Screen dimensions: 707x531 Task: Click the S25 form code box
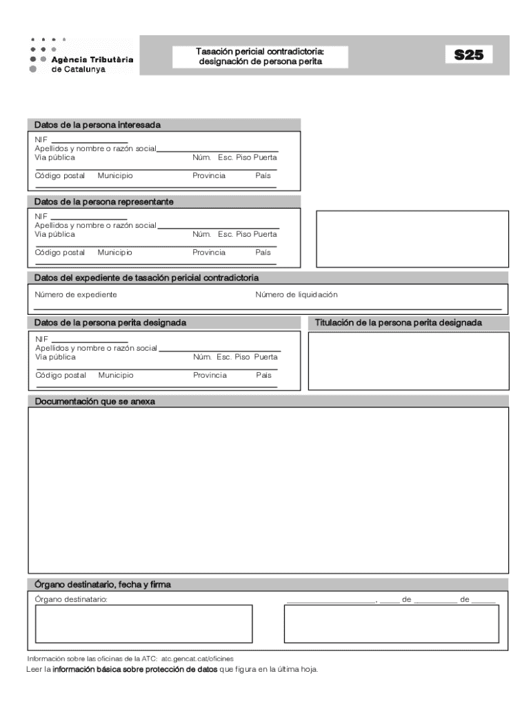coord(468,55)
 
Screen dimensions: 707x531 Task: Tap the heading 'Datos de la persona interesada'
coord(97,125)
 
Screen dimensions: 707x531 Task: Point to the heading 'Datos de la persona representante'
coord(104,202)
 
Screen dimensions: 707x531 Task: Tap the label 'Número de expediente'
coord(76,295)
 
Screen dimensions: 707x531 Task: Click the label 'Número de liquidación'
coord(297,295)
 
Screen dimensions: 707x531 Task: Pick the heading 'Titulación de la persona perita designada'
coord(399,322)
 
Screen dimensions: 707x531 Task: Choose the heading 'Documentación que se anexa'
coord(95,401)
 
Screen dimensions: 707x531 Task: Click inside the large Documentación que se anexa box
coord(268,490)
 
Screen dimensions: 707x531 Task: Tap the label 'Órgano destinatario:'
coord(71,599)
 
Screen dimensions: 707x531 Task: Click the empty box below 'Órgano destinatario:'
coord(143,623)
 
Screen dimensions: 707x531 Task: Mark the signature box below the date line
coord(391,624)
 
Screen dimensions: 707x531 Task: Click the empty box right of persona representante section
coord(412,239)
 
